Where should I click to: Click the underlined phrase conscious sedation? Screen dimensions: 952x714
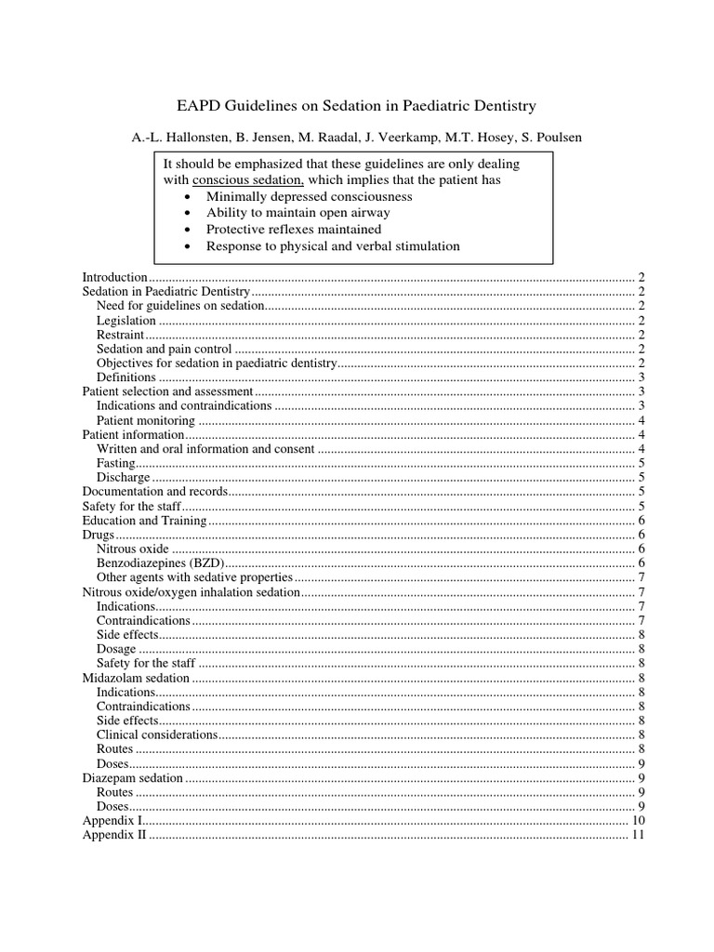coord(248,180)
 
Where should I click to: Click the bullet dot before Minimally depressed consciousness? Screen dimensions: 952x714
coord(190,197)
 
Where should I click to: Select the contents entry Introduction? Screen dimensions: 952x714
coord(114,277)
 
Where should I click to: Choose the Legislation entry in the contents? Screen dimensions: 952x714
coord(126,321)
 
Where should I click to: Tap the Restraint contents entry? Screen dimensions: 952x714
coord(121,335)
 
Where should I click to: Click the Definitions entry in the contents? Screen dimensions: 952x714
coord(126,377)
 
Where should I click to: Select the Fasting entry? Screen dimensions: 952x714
coord(115,463)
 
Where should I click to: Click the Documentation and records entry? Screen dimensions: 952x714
coord(155,491)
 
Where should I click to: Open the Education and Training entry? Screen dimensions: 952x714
coord(144,520)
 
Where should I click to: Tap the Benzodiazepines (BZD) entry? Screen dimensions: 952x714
coord(161,562)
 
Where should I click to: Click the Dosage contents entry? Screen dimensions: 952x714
coord(116,649)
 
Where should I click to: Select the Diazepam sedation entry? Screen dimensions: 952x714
coord(133,777)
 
